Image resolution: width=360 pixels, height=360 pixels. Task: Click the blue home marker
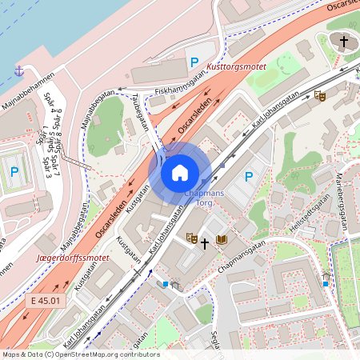tap(180, 173)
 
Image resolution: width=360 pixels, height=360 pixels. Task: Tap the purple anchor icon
tap(18, 71)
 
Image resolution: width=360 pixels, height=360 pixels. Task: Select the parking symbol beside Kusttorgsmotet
tap(194, 62)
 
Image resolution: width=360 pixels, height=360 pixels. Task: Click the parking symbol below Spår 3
tap(14, 171)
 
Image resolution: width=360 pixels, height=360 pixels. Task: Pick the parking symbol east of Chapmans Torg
tap(248, 177)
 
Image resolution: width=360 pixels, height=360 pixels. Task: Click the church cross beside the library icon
tap(205, 241)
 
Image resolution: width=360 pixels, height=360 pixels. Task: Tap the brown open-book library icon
tap(222, 240)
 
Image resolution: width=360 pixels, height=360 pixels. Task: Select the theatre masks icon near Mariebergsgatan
tap(320, 96)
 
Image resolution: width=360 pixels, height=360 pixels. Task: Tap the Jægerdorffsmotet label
tap(73, 258)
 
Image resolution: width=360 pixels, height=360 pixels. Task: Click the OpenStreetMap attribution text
tap(80, 354)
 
